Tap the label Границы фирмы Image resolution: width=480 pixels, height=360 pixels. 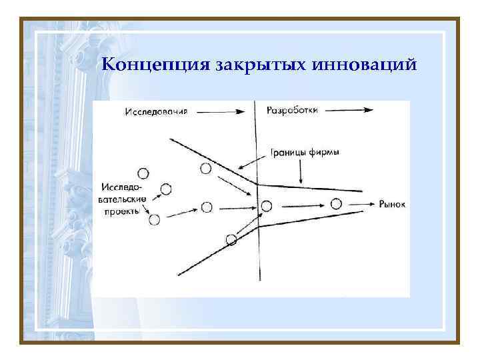304,152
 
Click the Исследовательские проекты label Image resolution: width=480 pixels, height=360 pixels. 121,198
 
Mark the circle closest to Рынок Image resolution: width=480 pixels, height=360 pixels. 336,203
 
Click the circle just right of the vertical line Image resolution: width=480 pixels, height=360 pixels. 267,206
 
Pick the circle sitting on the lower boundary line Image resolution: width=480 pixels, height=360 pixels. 231,239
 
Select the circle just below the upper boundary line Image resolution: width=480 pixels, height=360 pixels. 206,169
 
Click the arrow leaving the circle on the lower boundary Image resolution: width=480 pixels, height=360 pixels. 248,224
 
